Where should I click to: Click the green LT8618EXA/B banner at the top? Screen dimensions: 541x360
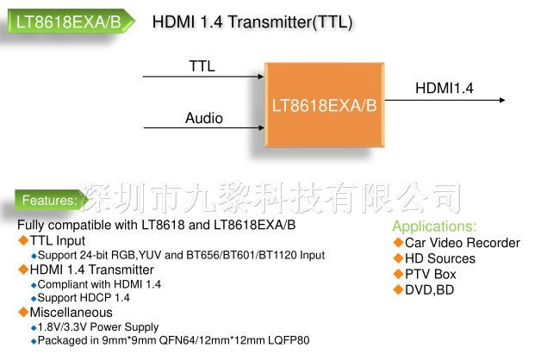[x=71, y=22]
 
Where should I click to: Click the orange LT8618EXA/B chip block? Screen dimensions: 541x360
[x=324, y=105]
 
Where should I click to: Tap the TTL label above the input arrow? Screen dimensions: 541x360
[x=202, y=65]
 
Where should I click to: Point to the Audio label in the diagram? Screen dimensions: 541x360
[x=204, y=118]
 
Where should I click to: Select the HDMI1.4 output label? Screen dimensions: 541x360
[x=445, y=88]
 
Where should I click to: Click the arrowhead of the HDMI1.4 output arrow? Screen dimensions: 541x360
[x=502, y=100]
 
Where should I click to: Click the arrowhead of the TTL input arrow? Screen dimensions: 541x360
[x=261, y=76]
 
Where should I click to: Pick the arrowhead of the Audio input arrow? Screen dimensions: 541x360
[x=261, y=128]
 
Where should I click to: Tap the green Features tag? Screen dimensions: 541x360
[x=50, y=200]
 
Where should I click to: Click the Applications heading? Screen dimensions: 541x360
[x=434, y=227]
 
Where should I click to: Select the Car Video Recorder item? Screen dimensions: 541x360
[x=463, y=243]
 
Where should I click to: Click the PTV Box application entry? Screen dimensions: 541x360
[x=430, y=274]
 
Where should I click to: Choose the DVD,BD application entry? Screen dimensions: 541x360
[x=429, y=290]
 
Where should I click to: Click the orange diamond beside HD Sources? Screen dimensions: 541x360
[x=398, y=258]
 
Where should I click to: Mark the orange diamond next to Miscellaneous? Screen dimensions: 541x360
[x=23, y=312]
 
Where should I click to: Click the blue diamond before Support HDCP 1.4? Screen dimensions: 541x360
[x=34, y=299]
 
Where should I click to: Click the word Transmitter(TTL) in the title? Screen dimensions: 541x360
[x=289, y=22]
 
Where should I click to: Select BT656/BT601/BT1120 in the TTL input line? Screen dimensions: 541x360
[x=241, y=255]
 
